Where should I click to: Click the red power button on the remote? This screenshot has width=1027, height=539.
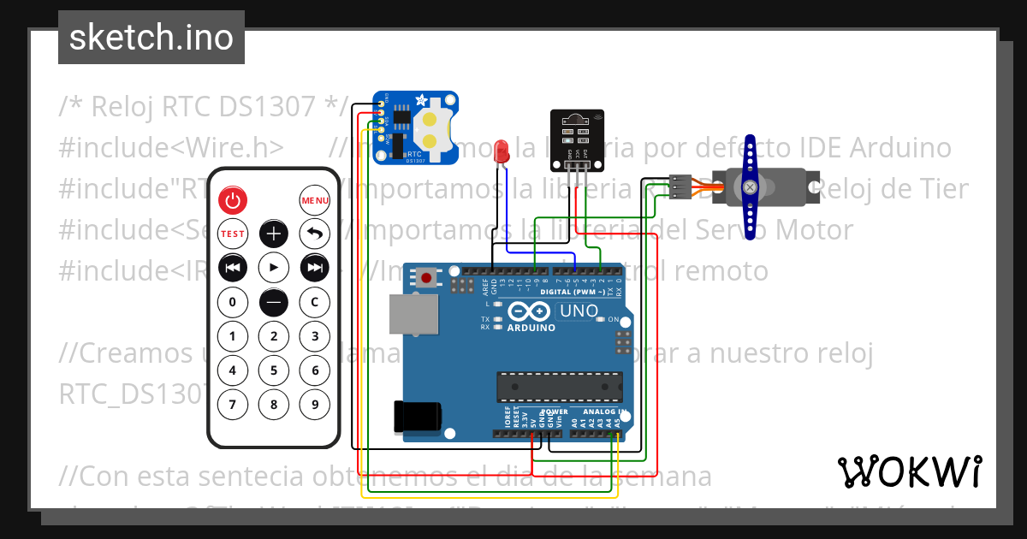[x=232, y=201]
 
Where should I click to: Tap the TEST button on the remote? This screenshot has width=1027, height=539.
[x=232, y=234]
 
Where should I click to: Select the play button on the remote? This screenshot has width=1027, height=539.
[x=274, y=268]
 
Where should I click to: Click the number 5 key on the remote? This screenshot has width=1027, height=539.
[x=274, y=370]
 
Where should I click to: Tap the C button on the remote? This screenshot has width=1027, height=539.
[x=315, y=302]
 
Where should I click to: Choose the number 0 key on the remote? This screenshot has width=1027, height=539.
[x=232, y=302]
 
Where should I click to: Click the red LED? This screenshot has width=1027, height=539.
[x=502, y=152]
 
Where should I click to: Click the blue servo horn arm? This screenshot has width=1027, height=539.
[x=751, y=187]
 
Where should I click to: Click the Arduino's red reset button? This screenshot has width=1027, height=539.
[x=426, y=278]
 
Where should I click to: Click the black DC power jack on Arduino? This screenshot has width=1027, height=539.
[x=417, y=416]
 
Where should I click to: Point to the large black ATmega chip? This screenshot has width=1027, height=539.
[x=560, y=387]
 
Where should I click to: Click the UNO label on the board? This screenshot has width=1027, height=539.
[x=579, y=311]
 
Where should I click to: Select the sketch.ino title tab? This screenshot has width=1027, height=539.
[x=151, y=38]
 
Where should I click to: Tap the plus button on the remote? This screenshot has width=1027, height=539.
[x=274, y=234]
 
